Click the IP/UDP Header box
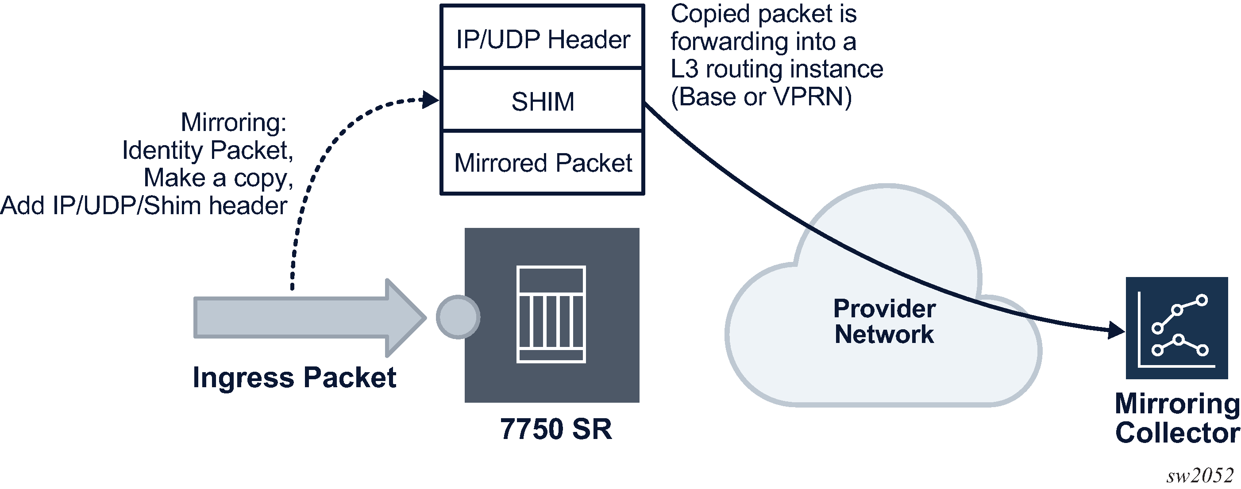pos(543,39)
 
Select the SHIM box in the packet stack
pos(543,101)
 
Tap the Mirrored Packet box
pos(543,163)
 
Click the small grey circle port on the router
pos(458,317)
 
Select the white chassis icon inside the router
pos(551,314)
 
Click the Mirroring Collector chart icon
pos(1176,327)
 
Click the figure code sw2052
pos(1199,476)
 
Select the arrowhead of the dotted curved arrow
pos(430,100)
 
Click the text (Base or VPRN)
pos(761,97)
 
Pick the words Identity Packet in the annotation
pos(208,150)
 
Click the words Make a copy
pos(218,178)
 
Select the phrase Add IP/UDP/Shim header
pos(143,206)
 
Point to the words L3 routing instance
pos(777,69)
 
